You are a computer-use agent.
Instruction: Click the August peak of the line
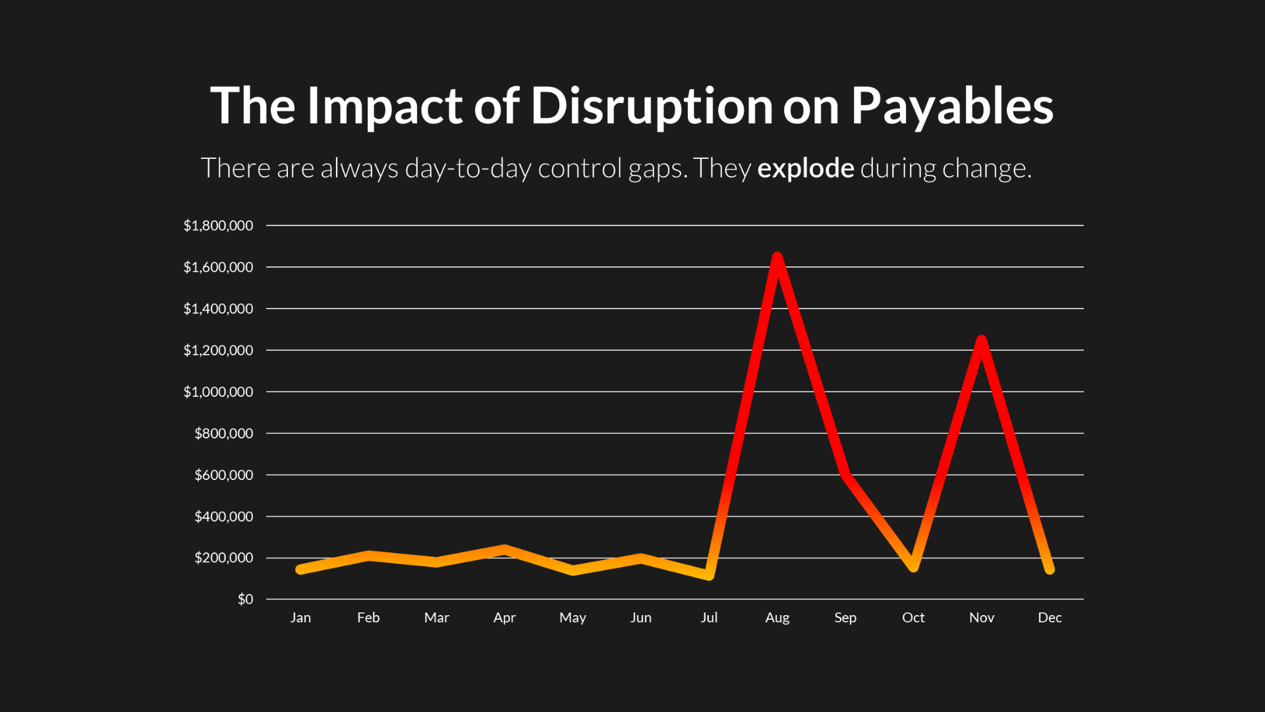(777, 258)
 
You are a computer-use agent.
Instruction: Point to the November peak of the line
(982, 341)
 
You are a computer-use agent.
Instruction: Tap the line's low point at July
(709, 576)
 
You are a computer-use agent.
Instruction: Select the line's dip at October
(913, 566)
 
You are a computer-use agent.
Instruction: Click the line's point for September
(845, 473)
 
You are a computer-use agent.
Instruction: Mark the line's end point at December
(1050, 569)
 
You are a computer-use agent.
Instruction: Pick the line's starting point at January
(300, 569)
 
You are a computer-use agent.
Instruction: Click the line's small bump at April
(505, 549)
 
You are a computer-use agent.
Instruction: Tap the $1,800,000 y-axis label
(218, 225)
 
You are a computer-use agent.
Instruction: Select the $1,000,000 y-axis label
(218, 392)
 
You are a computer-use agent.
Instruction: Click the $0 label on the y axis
(245, 599)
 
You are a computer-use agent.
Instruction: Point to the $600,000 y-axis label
(223, 475)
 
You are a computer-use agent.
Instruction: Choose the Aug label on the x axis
(777, 618)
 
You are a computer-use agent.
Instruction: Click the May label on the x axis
(573, 618)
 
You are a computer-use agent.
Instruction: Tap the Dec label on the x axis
(1050, 618)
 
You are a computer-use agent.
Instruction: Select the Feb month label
(368, 618)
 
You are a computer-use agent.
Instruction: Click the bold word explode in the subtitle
(806, 169)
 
